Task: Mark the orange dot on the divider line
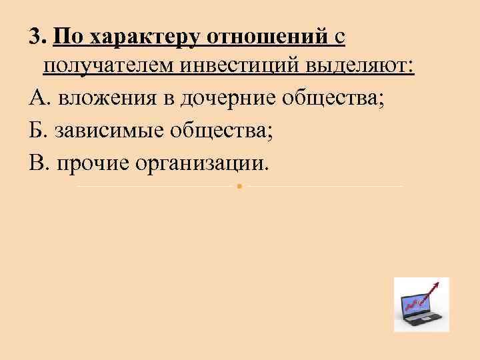tap(239, 186)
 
